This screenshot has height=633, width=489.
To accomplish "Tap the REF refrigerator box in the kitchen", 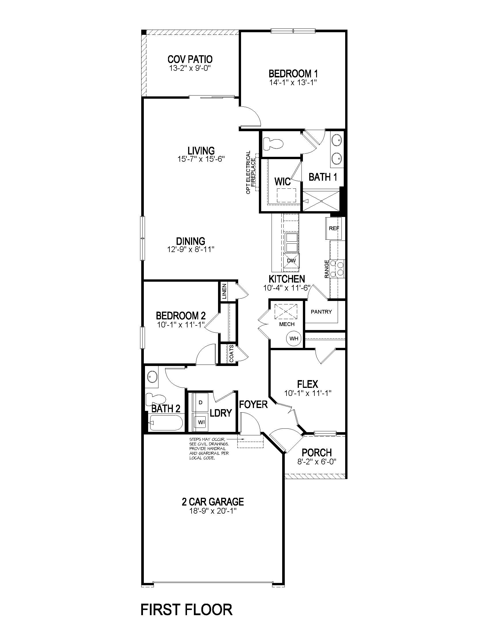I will tap(334, 228).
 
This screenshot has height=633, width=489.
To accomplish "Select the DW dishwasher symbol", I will tap(291, 261).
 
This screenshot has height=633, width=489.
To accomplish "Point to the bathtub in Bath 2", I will tap(166, 423).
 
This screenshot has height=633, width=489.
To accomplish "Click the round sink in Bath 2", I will tap(152, 377).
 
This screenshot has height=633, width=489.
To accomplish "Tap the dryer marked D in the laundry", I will tap(201, 402).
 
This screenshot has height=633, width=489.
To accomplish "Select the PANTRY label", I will tap(321, 312).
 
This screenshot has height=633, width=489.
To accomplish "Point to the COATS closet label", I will tap(232, 353).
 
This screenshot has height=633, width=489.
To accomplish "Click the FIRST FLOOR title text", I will tap(186, 609).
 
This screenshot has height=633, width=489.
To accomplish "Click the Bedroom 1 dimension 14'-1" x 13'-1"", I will tap(293, 82).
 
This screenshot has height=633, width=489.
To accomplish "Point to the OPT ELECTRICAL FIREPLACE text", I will tap(251, 172).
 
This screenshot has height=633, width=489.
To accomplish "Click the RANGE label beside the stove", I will tap(327, 269).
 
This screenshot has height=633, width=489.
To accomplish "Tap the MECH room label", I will tap(287, 324).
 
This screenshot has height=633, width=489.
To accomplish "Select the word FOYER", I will tap(253, 405).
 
